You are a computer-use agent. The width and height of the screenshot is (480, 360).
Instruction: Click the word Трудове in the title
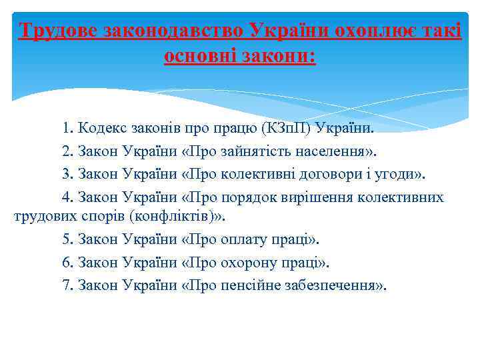point(58,31)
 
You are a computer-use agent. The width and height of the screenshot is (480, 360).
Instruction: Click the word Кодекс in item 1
point(100,127)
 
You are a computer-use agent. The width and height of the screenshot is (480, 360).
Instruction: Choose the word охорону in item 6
point(251,262)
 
